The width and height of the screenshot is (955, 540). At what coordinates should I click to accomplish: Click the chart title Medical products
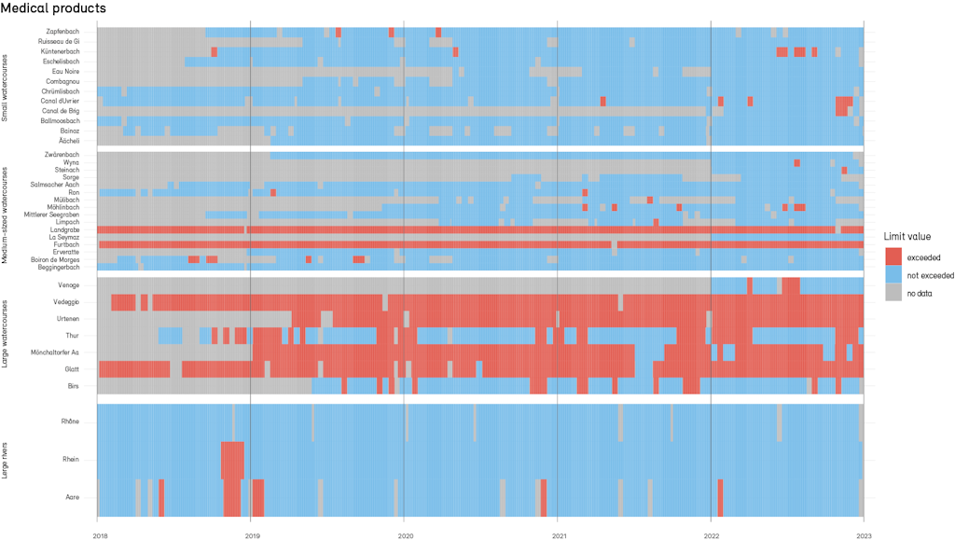point(54,8)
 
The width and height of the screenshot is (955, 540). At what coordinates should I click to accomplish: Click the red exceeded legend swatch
point(894,256)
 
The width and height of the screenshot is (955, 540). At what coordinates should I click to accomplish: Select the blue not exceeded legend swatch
point(894,275)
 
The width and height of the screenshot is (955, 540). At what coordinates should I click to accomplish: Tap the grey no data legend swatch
point(894,293)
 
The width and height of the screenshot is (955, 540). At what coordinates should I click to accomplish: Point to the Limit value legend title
point(907,237)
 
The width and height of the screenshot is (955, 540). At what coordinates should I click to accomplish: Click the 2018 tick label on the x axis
point(100,535)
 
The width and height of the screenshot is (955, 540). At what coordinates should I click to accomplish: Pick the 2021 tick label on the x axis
point(557,535)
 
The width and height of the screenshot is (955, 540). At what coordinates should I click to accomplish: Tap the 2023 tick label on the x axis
point(864,535)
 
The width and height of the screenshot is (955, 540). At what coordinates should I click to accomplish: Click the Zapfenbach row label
point(62,33)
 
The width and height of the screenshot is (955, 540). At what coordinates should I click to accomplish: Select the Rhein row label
point(70,460)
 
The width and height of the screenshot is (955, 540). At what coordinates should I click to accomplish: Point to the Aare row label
point(72,497)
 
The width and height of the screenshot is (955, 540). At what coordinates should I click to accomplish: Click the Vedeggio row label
point(65,302)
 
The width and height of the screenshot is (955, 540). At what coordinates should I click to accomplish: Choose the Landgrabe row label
point(64,229)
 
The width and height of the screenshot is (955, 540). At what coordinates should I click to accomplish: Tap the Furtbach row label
point(65,244)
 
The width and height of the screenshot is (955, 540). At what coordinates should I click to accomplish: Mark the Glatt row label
point(71,369)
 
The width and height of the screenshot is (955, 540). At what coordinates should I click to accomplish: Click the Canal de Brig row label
point(61,111)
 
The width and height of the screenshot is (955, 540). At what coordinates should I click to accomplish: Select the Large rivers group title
point(6,460)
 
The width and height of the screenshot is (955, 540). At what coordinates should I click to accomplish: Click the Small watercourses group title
point(6,86)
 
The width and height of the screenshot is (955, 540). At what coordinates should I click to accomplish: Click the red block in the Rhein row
point(232,460)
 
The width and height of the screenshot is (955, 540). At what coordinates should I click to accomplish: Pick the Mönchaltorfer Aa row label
point(55,353)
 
